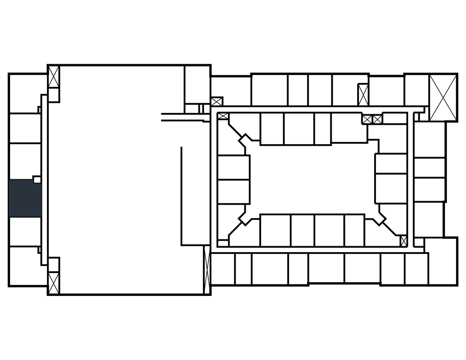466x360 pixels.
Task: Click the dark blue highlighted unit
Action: (24, 198)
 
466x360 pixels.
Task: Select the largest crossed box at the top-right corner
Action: (443, 97)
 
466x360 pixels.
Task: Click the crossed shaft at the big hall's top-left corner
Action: (54, 77)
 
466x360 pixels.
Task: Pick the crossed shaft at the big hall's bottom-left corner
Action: (54, 282)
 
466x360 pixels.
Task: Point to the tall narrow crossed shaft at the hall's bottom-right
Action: (207, 271)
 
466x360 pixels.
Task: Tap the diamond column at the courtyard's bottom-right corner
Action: (379, 218)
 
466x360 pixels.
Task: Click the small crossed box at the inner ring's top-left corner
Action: (223, 116)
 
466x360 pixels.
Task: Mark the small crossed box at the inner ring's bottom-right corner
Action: (403, 241)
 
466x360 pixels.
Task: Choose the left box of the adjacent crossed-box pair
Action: (367, 119)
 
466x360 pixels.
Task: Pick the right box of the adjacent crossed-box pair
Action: (377, 119)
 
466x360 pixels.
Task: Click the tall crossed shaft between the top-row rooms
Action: (363, 95)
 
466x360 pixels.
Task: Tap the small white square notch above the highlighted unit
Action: (37, 179)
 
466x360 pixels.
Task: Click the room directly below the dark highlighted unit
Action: (24, 232)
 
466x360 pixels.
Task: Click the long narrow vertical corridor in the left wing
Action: (44, 180)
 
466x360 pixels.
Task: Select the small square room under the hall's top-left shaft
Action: (54, 95)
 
